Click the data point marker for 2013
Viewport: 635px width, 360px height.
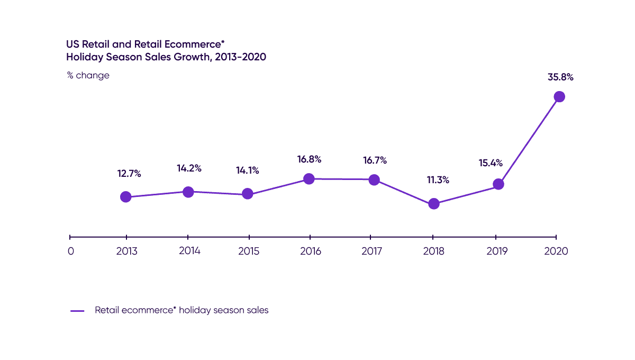(125, 197)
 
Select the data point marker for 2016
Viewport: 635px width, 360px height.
(309, 179)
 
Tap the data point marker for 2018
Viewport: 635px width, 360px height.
(434, 204)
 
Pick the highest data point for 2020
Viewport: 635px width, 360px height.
(559, 96)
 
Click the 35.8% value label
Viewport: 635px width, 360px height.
(560, 77)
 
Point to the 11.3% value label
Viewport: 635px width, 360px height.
(438, 180)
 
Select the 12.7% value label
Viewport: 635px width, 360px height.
(129, 174)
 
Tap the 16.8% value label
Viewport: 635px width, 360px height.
(310, 159)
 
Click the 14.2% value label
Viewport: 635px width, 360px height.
(189, 168)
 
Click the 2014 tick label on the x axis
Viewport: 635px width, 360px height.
(189, 251)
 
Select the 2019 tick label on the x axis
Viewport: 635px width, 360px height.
(496, 251)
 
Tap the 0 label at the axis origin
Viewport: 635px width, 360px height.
(71, 251)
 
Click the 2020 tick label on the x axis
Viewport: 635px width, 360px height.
(557, 251)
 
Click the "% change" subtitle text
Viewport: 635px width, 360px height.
(88, 75)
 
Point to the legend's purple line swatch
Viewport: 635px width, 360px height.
(78, 311)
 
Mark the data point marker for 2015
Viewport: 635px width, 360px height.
(247, 194)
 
